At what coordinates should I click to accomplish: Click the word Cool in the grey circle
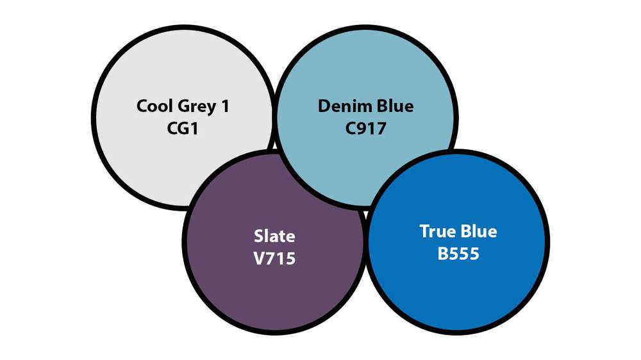153,106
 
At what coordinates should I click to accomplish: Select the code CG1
183,128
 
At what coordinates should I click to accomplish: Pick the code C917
366,128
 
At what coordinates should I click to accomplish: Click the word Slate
274,236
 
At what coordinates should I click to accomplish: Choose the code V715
274,259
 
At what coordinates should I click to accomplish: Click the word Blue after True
478,231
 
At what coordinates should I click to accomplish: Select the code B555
458,254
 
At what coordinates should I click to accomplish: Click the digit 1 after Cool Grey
225,106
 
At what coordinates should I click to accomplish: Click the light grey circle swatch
183,118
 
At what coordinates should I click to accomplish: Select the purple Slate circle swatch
274,242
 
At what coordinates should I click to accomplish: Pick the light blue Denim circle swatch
366,118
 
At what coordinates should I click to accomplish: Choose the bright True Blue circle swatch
458,242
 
